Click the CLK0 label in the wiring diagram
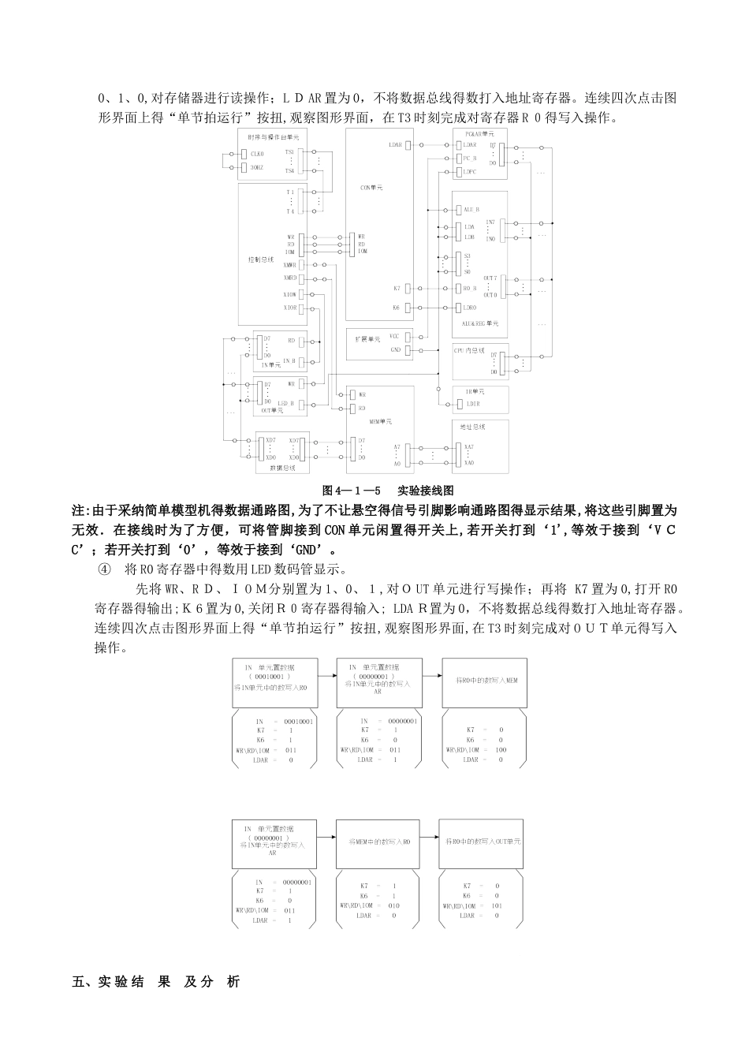click(x=257, y=154)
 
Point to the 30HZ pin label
click(x=257, y=168)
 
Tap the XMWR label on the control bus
click(x=291, y=265)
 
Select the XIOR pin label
click(x=291, y=307)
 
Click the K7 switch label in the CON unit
click(x=397, y=289)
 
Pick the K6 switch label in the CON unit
click(x=397, y=308)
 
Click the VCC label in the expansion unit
click(x=395, y=336)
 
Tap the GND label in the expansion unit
click(x=395, y=349)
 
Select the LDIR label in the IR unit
click(x=473, y=404)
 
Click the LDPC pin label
click(x=471, y=171)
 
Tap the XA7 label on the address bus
click(x=469, y=448)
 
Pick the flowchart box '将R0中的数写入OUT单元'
click(x=483, y=842)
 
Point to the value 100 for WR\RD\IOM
click(x=490, y=750)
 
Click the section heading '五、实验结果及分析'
click(x=155, y=982)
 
